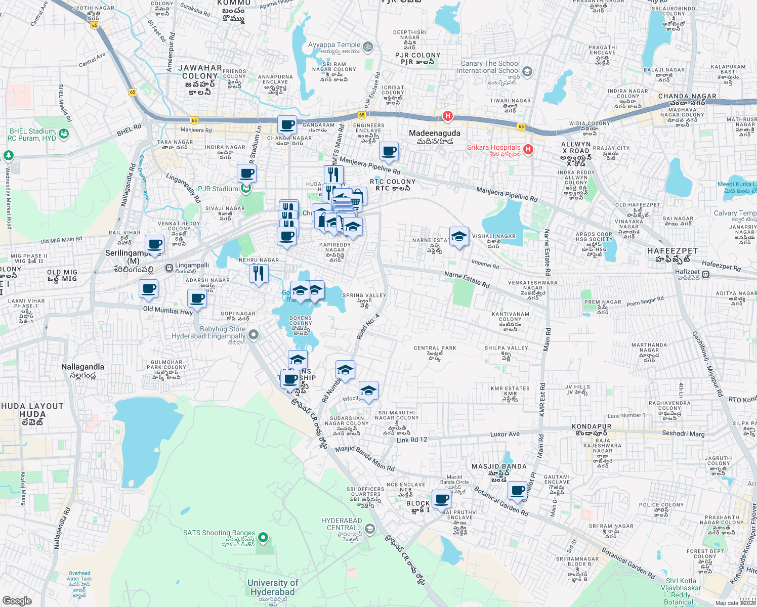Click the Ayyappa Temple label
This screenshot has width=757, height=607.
tap(334, 45)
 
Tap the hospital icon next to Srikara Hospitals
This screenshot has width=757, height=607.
tap(528, 149)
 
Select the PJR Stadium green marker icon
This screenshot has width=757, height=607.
tap(245, 189)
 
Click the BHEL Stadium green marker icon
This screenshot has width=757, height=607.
tap(63, 134)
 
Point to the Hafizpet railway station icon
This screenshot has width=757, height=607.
tap(705, 275)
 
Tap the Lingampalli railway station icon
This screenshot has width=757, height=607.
tap(169, 267)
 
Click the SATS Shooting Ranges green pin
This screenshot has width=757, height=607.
tap(263, 537)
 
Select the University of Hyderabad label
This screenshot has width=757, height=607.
tap(272, 587)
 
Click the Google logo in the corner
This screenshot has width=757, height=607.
tap(17, 600)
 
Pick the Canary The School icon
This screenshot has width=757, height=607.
tap(527, 71)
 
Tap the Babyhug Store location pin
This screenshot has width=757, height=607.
tap(254, 334)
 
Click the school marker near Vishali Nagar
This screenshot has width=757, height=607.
tap(458, 237)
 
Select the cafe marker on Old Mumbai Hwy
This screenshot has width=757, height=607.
tap(197, 298)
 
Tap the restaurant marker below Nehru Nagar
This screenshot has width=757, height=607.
tap(259, 274)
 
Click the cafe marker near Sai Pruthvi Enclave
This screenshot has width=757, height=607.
tap(441, 499)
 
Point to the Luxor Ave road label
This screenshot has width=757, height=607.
tap(504, 434)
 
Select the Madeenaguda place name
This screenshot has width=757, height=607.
tap(435, 133)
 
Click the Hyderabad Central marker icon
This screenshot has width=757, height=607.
tap(370, 529)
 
